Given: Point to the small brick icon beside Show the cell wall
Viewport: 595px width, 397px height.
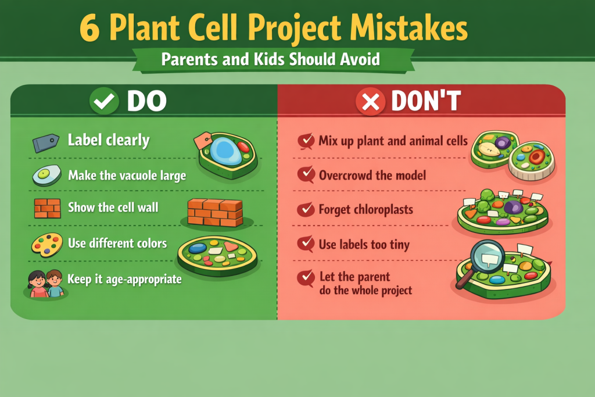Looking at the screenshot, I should pos(47,208).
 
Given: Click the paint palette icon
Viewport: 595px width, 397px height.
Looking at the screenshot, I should pos(46,244).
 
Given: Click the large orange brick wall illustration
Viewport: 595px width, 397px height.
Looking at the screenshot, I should pos(215,212).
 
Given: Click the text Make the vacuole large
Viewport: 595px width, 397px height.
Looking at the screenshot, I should pos(127,175).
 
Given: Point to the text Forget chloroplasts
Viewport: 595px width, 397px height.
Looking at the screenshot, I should pos(365,209).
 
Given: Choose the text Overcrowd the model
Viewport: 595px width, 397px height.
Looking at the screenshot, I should pos(372,175).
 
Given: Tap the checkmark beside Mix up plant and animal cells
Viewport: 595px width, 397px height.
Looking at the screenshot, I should pos(305,141).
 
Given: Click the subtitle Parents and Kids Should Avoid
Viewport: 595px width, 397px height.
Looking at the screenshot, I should pos(271,59).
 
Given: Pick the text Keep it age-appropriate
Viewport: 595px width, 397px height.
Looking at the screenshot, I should pos(124,279).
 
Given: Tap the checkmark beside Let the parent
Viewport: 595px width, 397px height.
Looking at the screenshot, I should pos(305,278).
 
